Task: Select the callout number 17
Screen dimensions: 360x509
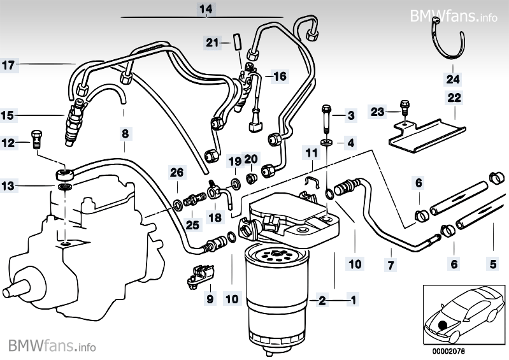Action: [x=7, y=64]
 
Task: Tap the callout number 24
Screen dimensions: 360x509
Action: [x=452, y=80]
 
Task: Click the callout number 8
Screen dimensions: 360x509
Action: [x=125, y=134]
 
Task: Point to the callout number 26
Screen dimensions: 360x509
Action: [x=176, y=171]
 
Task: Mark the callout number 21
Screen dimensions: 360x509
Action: [x=211, y=43]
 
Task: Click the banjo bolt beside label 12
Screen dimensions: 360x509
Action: [x=36, y=138]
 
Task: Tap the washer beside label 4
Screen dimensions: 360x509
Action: [x=326, y=140]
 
